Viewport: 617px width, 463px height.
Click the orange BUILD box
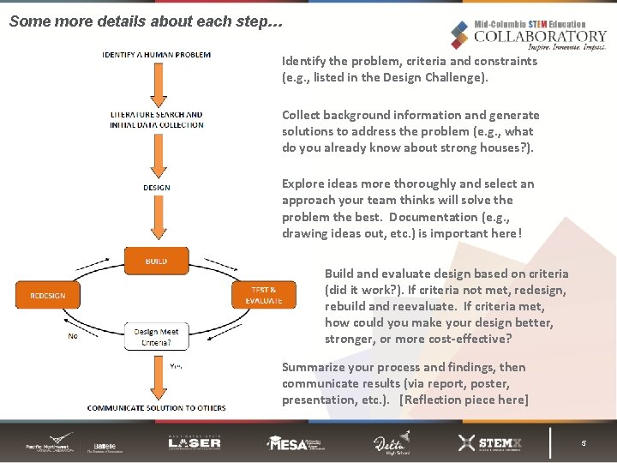pos(156,261)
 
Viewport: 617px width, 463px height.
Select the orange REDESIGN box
pos(47,295)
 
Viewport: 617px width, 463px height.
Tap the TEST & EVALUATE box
pos(263,295)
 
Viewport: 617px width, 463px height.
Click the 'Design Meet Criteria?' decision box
pos(156,337)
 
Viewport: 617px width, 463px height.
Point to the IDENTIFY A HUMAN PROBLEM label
pos(156,55)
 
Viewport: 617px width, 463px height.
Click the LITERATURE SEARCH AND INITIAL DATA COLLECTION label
pos(156,119)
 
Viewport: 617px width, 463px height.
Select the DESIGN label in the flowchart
pos(156,188)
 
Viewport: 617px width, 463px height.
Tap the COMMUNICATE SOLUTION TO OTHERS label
pos(156,408)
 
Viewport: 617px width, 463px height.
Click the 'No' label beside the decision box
pos(72,336)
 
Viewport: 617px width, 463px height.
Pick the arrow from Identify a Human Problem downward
pos(156,84)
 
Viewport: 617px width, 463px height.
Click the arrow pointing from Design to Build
pos(156,221)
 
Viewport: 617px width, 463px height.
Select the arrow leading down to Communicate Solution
pos(156,377)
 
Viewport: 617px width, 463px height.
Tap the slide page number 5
pos(584,443)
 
